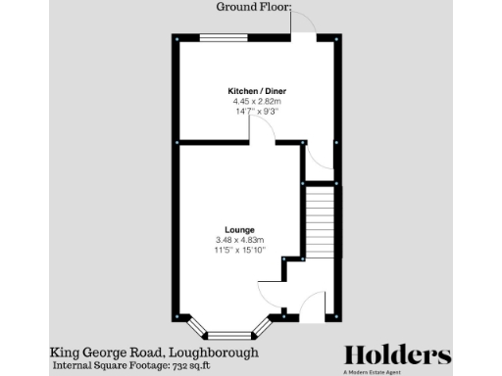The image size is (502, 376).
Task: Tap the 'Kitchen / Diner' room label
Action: tap(257, 91)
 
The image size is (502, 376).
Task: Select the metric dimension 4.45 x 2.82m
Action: tap(257, 101)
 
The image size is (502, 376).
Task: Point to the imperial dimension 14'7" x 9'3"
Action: tap(257, 111)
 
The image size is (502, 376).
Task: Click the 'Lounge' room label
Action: tap(226, 230)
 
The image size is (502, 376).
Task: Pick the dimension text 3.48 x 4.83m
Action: tap(226, 240)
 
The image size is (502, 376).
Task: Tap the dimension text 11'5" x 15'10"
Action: tap(226, 250)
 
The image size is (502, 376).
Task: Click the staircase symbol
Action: tap(321, 220)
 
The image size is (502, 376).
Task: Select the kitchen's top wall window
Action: tap(225, 37)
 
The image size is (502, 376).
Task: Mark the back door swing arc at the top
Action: tap(301, 24)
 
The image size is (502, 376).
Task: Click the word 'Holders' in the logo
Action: tap(397, 354)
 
